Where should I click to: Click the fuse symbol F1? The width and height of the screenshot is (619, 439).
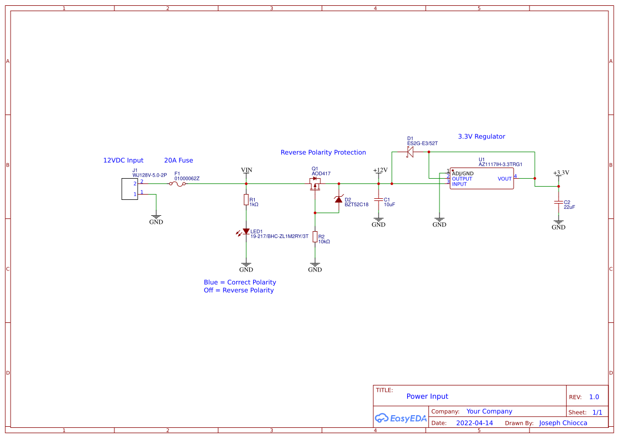pyautogui.click(x=177, y=184)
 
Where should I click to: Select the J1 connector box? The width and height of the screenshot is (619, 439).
pyautogui.click(x=129, y=189)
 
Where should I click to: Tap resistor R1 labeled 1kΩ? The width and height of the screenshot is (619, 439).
pyautogui.click(x=246, y=199)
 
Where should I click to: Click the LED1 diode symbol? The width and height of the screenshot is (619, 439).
pyautogui.click(x=246, y=232)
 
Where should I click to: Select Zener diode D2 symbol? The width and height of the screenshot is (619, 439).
pyautogui.click(x=339, y=199)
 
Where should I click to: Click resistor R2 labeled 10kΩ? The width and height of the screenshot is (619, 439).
pyautogui.click(x=315, y=236)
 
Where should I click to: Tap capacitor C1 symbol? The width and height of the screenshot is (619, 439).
pyautogui.click(x=379, y=200)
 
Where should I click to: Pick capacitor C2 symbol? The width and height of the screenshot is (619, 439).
pyautogui.click(x=559, y=203)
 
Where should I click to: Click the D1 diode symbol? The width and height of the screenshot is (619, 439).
pyautogui.click(x=410, y=152)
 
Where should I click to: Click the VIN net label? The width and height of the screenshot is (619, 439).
pyautogui.click(x=246, y=170)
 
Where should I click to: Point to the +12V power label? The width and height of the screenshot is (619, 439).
pyautogui.click(x=380, y=170)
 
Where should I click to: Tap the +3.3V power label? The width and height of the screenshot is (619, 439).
pyautogui.click(x=561, y=173)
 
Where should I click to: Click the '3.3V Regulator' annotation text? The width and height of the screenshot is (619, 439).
pyautogui.click(x=481, y=137)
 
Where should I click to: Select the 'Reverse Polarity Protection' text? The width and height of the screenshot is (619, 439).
pyautogui.click(x=323, y=153)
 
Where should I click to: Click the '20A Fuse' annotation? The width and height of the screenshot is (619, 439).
pyautogui.click(x=178, y=160)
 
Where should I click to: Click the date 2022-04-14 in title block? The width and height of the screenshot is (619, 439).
pyautogui.click(x=474, y=423)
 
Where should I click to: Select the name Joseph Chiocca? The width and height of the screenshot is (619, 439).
pyautogui.click(x=562, y=423)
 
